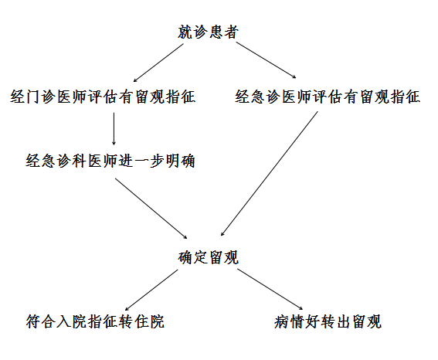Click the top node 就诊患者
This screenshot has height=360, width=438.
coord(208,32)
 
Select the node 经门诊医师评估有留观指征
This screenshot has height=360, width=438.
coord(103,97)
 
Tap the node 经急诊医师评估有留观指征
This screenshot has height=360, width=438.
coord(328,97)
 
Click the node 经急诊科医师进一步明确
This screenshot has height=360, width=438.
coord(110,161)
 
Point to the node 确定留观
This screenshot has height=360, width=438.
coord(208,257)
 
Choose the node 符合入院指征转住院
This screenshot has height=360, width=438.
coord(95,321)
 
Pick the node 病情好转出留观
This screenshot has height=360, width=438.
coord(328,321)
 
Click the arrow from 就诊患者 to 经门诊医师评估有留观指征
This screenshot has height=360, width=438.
coord(158,63)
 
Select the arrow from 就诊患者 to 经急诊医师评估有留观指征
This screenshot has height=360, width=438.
coord(266,60)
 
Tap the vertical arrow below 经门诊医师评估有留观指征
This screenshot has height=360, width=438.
coord(114,129)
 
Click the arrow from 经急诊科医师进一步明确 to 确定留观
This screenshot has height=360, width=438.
coord(151,209)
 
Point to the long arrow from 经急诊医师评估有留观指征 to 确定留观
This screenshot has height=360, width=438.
coord(269,174)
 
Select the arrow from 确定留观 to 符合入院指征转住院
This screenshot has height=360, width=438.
coord(151,290)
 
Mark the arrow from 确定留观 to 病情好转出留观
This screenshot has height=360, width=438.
coord(270,290)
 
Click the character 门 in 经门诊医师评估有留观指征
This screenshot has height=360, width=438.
coord(33,97)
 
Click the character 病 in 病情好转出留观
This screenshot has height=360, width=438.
coord(281,321)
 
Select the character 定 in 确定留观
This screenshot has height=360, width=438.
coord(201,257)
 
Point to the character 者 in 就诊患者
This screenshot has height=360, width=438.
coord(231,32)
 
